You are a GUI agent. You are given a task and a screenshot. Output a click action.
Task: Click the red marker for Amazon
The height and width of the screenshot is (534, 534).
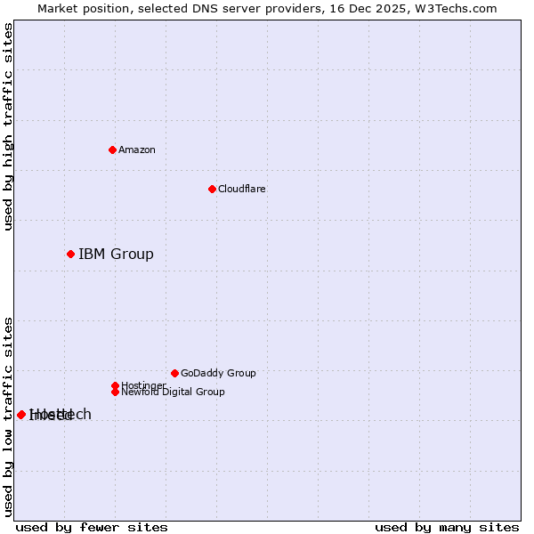[x=112, y=150]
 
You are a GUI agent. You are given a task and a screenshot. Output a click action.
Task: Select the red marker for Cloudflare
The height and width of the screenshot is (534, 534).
[x=212, y=189]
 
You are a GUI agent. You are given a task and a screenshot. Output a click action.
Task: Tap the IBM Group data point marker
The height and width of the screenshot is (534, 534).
[x=70, y=254]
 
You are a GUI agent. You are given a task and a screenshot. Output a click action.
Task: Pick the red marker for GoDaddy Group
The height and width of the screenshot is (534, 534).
[x=174, y=373]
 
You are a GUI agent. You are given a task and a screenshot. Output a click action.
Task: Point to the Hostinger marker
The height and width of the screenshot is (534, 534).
[x=115, y=385]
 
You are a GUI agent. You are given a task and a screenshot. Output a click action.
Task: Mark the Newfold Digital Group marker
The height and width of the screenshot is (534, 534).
[x=115, y=392]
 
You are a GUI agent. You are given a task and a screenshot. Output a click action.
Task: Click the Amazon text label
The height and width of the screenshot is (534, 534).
[x=137, y=150]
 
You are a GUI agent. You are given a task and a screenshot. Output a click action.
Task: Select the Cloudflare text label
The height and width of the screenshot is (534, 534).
[x=242, y=189]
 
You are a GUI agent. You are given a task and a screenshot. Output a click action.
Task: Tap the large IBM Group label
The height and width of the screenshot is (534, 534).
[x=116, y=255]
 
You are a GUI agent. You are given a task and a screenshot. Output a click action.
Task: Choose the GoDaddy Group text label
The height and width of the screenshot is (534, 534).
[x=218, y=373]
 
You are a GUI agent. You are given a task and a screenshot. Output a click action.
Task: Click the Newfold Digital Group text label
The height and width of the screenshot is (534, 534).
[x=174, y=392]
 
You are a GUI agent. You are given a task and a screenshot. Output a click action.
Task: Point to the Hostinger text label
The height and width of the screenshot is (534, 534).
[x=143, y=384]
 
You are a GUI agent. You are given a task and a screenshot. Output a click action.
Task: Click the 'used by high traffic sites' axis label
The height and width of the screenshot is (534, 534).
[x=8, y=126]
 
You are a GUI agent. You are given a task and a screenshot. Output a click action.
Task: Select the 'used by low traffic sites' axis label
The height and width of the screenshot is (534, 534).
[x=8, y=416]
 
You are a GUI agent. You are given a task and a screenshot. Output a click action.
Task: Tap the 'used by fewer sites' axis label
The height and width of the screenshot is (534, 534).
[x=92, y=527]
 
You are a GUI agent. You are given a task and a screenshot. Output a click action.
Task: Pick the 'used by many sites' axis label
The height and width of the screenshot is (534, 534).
[x=447, y=527]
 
